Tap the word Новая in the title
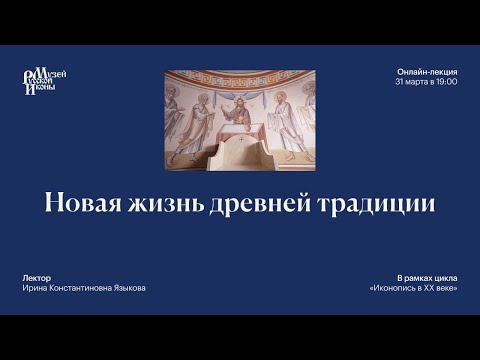83,203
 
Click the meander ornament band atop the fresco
239,75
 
